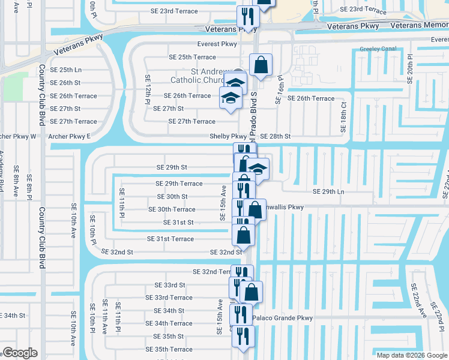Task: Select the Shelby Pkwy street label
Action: coord(228,136)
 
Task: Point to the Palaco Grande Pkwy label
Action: coord(283,318)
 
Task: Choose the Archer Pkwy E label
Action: coord(70,137)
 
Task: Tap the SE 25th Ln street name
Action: coord(65,70)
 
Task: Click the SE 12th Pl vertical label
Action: coord(146,89)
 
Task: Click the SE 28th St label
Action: coord(276,137)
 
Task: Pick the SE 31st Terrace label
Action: coord(170,239)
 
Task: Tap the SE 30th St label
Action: coord(172,196)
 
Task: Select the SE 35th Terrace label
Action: coord(173,349)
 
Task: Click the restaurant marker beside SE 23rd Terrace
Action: coord(246,16)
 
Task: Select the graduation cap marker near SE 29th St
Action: coord(258,169)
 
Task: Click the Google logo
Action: coord(20,353)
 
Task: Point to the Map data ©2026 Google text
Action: coord(412,355)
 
